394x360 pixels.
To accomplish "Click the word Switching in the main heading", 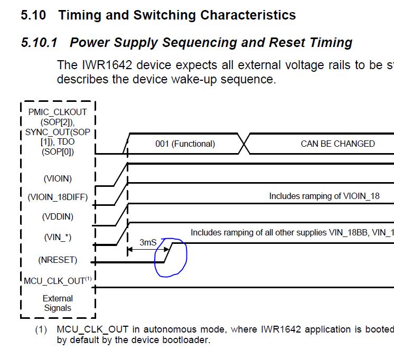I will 162,15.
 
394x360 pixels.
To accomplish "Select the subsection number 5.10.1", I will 39,42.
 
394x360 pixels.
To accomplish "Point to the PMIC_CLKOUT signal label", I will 58,112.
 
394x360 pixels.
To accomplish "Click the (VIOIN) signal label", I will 58,179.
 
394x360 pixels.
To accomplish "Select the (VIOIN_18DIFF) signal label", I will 58,197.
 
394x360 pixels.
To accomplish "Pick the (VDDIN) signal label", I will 58,216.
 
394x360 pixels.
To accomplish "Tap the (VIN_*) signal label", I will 58,238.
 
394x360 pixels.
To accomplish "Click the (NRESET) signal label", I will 58,260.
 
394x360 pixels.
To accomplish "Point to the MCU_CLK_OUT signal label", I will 54,281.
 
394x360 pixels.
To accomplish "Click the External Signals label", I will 58,303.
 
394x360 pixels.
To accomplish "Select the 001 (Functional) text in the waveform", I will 185,144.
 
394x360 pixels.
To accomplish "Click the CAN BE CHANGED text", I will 337,144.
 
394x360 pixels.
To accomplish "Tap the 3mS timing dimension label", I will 148,242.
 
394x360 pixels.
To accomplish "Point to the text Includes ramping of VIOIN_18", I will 324,196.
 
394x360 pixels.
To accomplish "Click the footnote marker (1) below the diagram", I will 41,330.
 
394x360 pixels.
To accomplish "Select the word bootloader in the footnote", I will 184,340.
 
